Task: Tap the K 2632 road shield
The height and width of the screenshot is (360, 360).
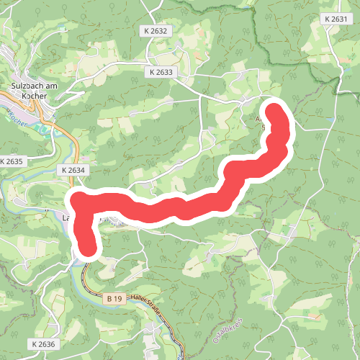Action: click(155, 31)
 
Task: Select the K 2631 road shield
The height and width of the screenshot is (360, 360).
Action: click(336, 19)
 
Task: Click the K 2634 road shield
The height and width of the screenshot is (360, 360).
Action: click(73, 170)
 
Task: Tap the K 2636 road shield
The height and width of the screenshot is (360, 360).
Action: click(42, 345)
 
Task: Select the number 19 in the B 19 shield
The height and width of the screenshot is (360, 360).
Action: click(118, 298)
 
